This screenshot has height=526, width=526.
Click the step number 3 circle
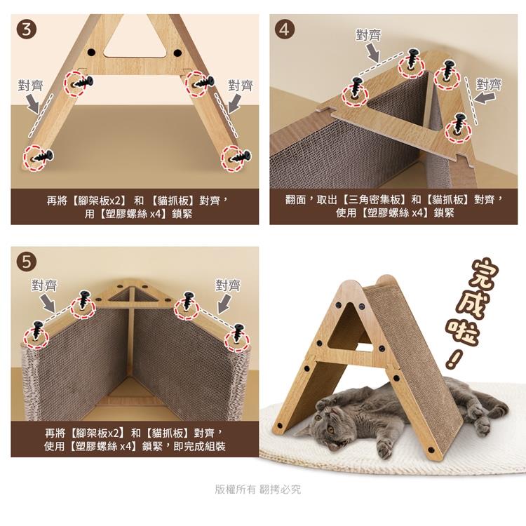26,30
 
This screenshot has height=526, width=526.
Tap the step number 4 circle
284,30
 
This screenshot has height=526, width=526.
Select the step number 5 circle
26,262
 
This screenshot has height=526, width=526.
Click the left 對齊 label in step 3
31,86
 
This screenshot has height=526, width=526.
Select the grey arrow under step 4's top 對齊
372,53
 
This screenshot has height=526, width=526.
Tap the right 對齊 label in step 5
228,285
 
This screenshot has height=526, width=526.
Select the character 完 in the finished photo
484,274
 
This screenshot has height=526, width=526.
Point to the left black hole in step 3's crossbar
92,53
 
